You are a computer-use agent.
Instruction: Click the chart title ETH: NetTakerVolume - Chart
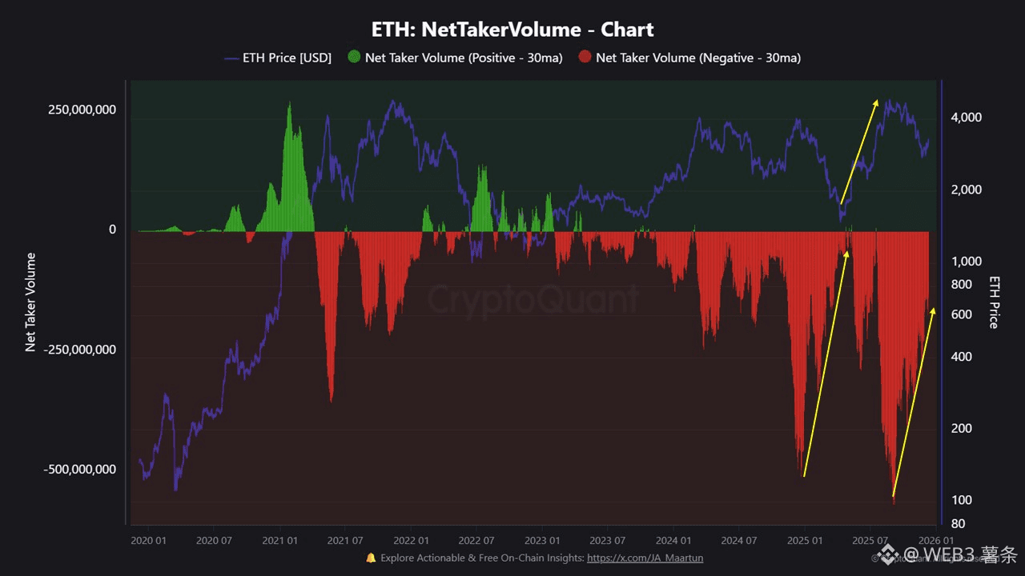[x=512, y=30]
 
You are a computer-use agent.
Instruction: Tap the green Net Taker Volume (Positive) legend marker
[x=355, y=58]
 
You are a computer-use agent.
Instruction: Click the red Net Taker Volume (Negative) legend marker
[x=585, y=58]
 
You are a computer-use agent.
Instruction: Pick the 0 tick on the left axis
[x=112, y=230]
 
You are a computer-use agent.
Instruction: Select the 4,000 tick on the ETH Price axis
[x=966, y=118]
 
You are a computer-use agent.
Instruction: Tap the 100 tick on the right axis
[x=962, y=500]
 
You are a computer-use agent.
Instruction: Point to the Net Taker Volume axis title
[x=31, y=302]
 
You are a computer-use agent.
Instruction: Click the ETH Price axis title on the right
[x=994, y=302]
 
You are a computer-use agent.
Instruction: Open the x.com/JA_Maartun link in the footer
[x=645, y=558]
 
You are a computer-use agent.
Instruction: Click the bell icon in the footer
[x=371, y=558]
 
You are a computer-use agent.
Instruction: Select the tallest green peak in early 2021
[x=289, y=104]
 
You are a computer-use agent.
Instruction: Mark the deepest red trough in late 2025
[x=894, y=501]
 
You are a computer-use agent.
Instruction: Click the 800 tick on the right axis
[x=962, y=285]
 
